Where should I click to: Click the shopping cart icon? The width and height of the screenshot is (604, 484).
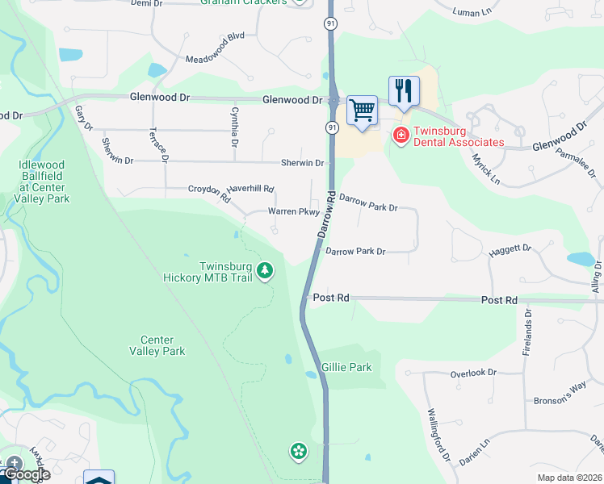coord(363,110)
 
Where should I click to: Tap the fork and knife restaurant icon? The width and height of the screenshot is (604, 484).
coord(403,90)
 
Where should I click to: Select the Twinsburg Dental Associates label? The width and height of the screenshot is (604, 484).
coord(459,136)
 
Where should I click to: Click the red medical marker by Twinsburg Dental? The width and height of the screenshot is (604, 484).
coord(400,136)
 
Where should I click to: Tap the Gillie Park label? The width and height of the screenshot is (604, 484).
coord(346,367)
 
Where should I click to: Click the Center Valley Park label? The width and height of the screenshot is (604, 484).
coord(162,345)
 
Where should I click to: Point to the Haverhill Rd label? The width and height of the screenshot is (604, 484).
coord(250,189)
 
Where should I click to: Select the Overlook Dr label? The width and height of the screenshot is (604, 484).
coord(473,373)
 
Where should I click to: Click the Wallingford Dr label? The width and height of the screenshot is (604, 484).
coord(438,434)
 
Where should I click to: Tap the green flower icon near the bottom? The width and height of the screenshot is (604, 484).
coord(299,452)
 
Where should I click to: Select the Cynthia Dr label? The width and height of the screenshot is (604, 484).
coord(234,127)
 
